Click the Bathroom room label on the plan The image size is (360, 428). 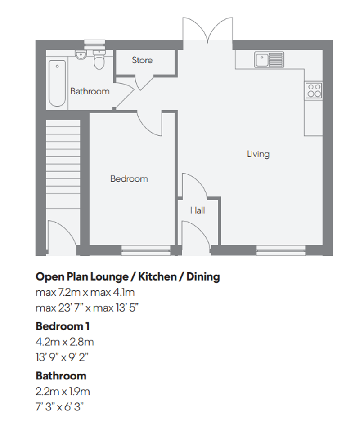coord(90,91)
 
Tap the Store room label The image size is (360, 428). coord(142,60)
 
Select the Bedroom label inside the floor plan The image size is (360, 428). coord(129,179)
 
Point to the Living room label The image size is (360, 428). coord(258,154)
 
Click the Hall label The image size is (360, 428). coord(198,210)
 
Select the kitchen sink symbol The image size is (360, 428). coord(269,59)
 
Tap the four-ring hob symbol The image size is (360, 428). coord(314,90)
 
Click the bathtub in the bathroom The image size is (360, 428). coord(57,83)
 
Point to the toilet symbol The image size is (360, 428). coord(99,60)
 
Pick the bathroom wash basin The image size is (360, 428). coord(81,55)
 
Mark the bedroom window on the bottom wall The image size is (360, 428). coord(146,250)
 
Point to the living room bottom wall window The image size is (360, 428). coord(281,250)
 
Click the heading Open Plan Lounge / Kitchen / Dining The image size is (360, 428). coord(127,276)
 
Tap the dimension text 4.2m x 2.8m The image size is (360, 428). coord(64,342)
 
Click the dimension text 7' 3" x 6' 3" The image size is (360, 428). coord(60,407)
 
